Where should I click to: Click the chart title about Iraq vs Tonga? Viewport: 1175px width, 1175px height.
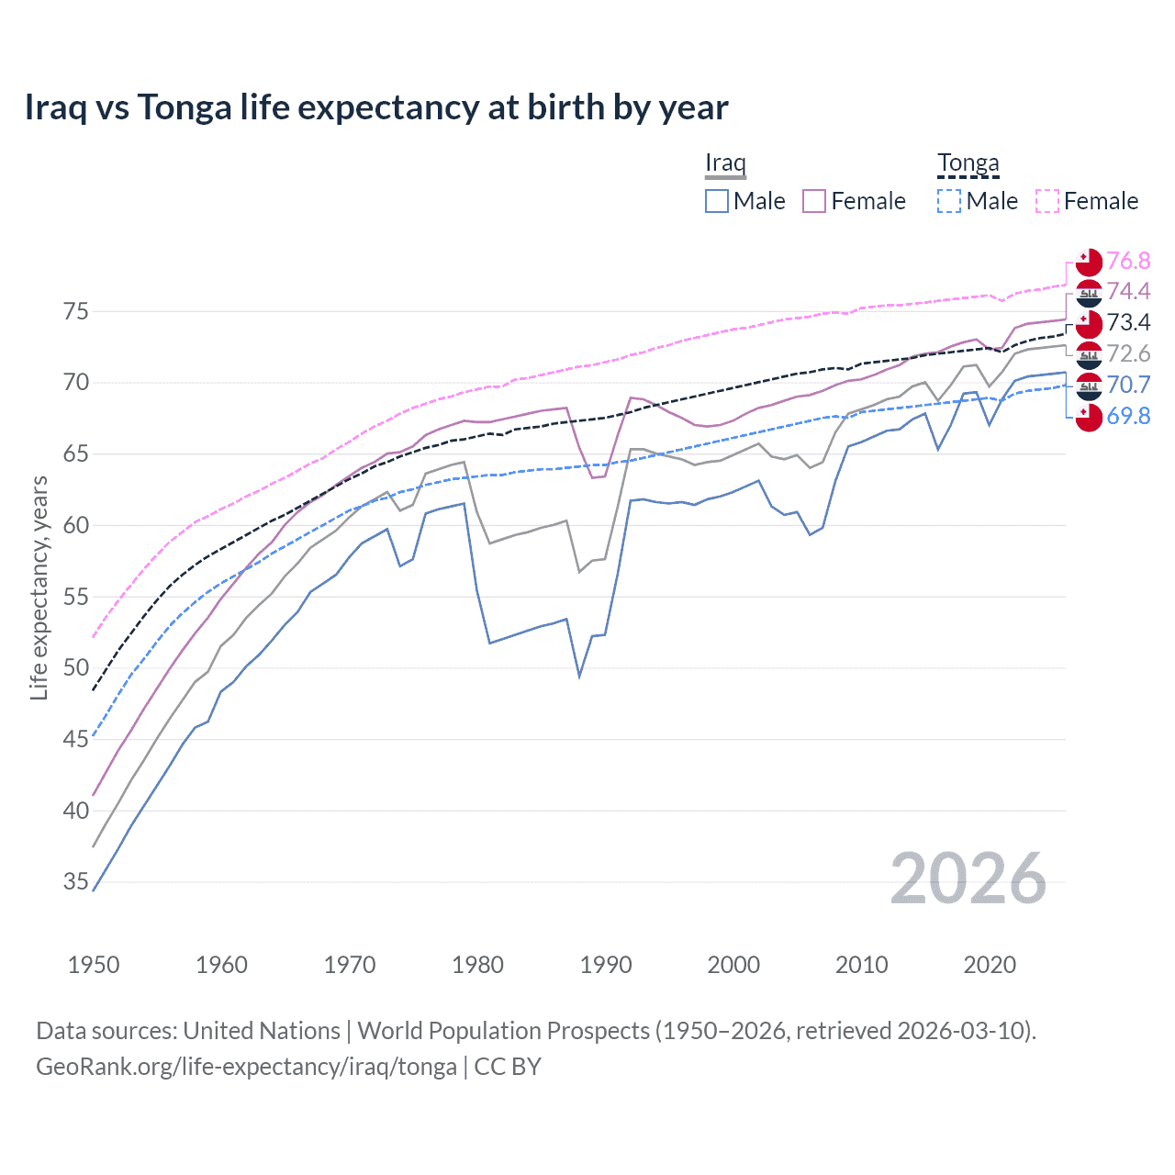(376, 107)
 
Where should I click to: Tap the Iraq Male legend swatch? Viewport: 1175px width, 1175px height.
(717, 201)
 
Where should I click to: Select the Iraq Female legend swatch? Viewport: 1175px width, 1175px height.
(814, 201)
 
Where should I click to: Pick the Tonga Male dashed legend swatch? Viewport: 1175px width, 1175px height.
(949, 201)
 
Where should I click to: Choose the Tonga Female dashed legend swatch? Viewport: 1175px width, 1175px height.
(1047, 201)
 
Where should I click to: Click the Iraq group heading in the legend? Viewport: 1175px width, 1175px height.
(725, 163)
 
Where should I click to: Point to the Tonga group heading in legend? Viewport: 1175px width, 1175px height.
(968, 163)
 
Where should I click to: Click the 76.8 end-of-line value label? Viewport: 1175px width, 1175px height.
(1128, 262)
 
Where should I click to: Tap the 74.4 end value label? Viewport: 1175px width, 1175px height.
(1128, 292)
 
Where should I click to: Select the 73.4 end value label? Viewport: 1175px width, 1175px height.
(1128, 323)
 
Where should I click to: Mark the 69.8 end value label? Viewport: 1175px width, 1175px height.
(1128, 417)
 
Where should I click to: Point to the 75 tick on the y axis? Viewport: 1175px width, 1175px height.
(76, 312)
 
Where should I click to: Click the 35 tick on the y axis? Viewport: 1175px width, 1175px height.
(76, 882)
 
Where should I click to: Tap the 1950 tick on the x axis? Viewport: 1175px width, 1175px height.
(94, 965)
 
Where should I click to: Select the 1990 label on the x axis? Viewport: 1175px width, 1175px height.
(606, 965)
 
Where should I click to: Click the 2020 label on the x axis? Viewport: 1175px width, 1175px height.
(990, 965)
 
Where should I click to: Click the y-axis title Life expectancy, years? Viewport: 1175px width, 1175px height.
(39, 587)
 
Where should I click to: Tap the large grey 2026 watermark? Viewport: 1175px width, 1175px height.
(968, 879)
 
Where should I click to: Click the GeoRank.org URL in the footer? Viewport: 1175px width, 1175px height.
(246, 1067)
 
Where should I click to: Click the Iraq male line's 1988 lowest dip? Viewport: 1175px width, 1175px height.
(579, 677)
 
